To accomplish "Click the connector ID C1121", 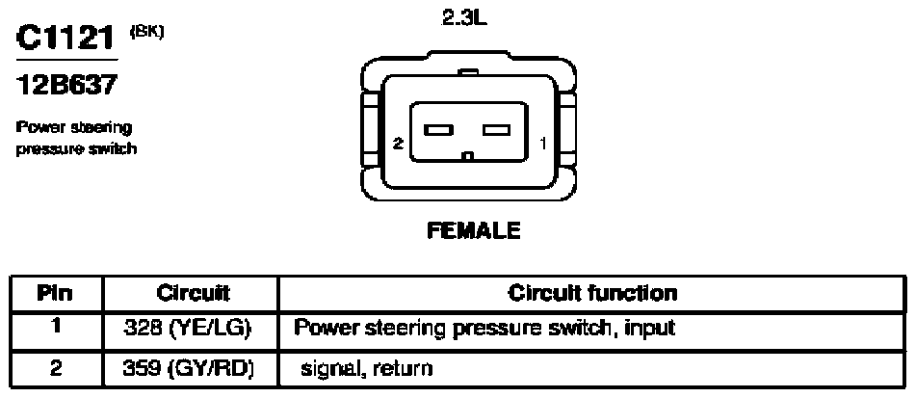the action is (x=65, y=39).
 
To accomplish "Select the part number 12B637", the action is (x=66, y=87).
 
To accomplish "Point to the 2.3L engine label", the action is (x=464, y=18).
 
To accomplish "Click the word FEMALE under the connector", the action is (x=473, y=231).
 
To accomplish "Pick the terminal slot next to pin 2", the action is (x=438, y=129).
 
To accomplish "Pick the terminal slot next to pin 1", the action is (x=497, y=129).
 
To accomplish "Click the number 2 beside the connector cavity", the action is (x=398, y=143).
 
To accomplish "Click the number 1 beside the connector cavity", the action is (x=543, y=143).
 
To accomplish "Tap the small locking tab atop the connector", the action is (x=468, y=72).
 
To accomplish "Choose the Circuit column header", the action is (x=193, y=292).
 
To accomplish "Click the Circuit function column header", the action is (x=592, y=292).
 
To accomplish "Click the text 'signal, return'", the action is (x=366, y=369).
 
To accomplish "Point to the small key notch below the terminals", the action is (x=468, y=157).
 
